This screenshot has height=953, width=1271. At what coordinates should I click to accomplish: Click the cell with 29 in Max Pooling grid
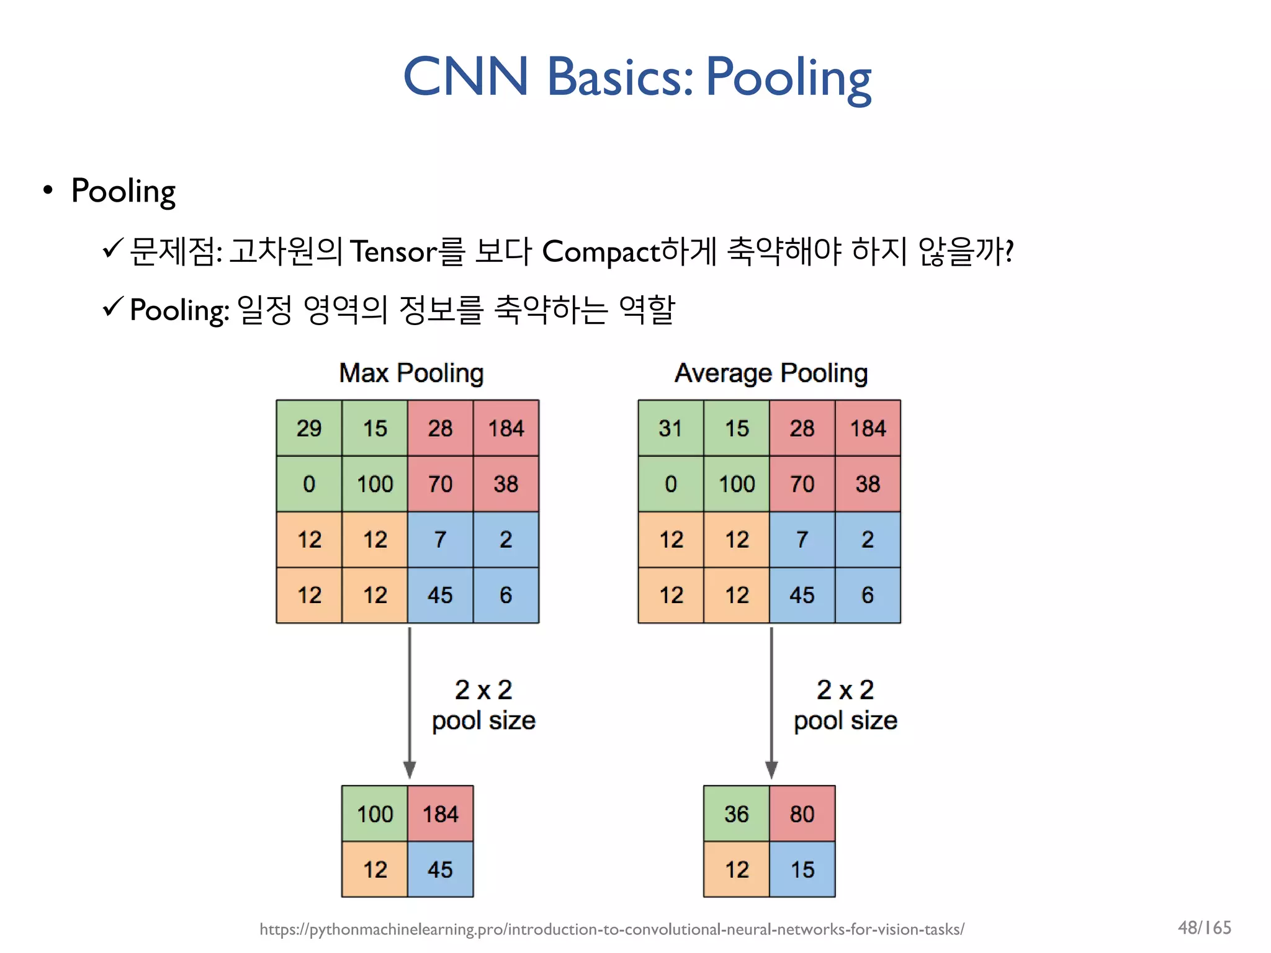(309, 428)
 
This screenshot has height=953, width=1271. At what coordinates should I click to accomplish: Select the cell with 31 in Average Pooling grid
(670, 428)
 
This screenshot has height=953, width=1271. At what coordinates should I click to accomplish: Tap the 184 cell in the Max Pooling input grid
(506, 428)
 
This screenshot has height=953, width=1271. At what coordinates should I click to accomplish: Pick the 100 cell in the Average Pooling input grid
(737, 484)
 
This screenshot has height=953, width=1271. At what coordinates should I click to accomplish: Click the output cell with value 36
(737, 813)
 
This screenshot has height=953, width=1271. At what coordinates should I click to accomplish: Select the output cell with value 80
(802, 813)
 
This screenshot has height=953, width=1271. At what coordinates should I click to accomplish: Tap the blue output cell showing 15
(802, 869)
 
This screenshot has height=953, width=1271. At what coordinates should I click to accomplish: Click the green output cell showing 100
(375, 813)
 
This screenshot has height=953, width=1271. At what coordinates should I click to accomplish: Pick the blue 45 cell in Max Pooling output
(440, 869)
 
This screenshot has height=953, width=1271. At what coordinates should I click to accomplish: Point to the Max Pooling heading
(411, 374)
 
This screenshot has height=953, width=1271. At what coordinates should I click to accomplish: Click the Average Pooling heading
(771, 374)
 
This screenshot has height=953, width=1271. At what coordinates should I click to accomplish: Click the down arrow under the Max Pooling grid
(410, 701)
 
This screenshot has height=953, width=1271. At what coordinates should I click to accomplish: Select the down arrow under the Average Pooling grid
(771, 701)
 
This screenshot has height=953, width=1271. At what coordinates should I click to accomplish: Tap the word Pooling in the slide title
(788, 78)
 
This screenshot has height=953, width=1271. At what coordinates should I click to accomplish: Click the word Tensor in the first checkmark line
(393, 252)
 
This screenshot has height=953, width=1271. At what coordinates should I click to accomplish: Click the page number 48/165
(1204, 928)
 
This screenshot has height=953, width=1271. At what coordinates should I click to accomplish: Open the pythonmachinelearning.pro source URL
(611, 929)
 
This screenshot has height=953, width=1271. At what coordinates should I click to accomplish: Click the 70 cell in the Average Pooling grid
(802, 484)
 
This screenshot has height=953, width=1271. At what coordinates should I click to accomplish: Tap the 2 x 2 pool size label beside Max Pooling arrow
(483, 705)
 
